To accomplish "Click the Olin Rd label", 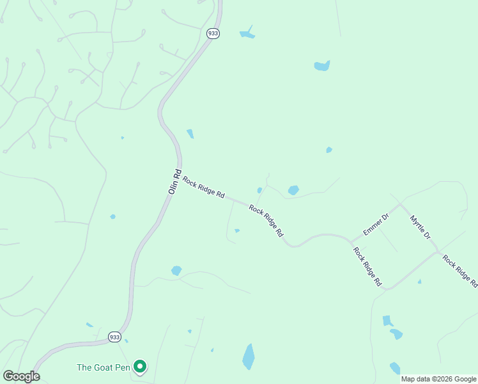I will tap(174, 181).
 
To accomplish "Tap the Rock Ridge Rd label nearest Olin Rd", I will tap(203, 186).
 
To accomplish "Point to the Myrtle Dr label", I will tap(420, 227).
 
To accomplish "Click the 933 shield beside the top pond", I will tap(213, 33).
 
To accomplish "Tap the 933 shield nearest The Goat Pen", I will tap(114, 337).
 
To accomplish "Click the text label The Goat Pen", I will tap(103, 367).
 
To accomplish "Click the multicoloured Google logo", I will tap(21, 376).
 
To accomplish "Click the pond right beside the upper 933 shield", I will tap(247, 33).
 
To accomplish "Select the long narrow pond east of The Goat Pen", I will tap(249, 356).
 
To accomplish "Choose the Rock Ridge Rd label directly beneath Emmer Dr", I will tap(368, 265).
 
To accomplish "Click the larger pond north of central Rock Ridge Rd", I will tap(293, 190).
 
